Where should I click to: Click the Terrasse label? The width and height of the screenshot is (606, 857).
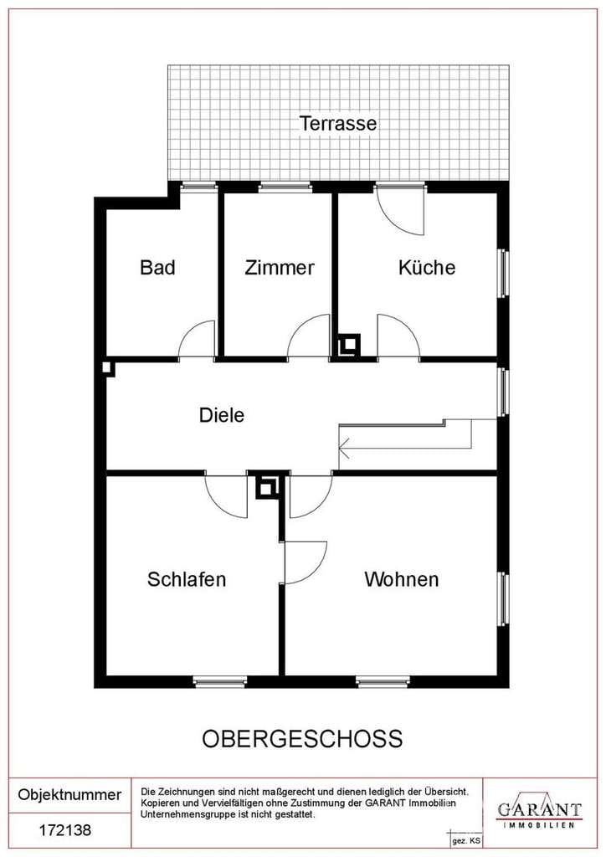tap(337, 123)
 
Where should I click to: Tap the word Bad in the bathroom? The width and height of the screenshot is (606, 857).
tap(157, 267)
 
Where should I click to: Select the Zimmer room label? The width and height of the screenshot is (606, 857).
tap(280, 267)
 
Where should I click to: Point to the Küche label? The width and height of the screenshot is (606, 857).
tap(426, 267)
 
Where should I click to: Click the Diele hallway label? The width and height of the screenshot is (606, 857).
tap(221, 415)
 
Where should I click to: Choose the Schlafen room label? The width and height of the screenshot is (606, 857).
tap(187, 579)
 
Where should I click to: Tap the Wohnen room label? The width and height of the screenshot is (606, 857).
tap(401, 579)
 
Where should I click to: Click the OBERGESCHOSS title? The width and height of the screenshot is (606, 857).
tap(302, 739)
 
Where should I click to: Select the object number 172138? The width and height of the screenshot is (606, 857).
tap(65, 831)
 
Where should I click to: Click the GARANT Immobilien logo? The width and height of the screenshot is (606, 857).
tap(539, 810)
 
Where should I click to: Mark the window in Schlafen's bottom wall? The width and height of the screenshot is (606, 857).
tap(219, 681)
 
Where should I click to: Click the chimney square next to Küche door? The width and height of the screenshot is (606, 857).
tap(348, 346)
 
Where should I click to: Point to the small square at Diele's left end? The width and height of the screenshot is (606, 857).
tap(109, 368)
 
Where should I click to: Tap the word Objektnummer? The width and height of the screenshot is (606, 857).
tap(69, 795)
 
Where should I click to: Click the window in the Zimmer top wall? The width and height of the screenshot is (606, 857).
tap(285, 187)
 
